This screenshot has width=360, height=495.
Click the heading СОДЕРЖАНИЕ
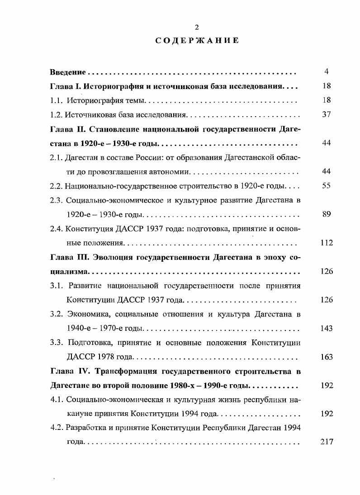[197, 41]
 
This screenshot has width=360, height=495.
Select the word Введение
[67, 72]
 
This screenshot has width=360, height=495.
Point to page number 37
[327, 114]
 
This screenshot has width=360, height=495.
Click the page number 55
[327, 186]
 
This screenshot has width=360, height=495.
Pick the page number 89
[327, 214]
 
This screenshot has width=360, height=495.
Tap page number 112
[327, 243]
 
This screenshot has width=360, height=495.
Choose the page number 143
[327, 328]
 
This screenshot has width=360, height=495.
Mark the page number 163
[327, 357]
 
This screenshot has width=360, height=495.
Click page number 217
[327, 442]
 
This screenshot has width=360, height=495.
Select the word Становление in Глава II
[114, 129]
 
